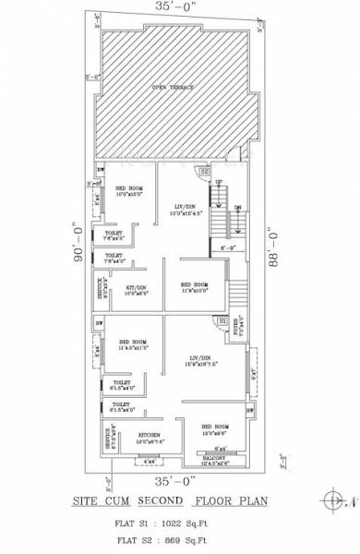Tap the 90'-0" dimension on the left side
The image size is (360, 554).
pyautogui.click(x=70, y=242)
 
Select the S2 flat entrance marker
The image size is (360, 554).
pyautogui.click(x=205, y=171)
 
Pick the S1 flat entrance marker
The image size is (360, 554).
pyautogui.click(x=222, y=319)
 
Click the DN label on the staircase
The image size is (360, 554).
pyautogui.click(x=237, y=207)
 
